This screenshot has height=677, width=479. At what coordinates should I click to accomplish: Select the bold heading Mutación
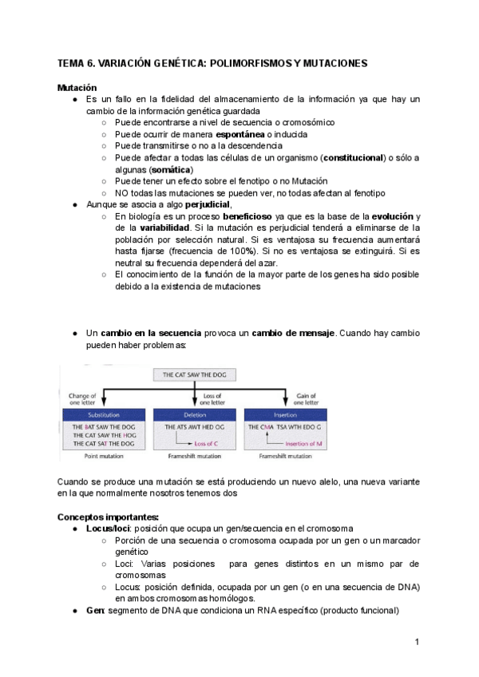[77, 87]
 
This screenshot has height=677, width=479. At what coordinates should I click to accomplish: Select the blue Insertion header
[284, 415]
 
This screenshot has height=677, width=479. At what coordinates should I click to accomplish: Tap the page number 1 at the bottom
[417, 641]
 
